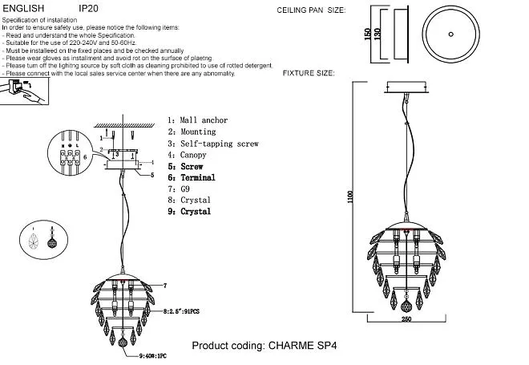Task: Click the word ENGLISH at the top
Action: coord(21,7)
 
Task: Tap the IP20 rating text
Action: coord(88,7)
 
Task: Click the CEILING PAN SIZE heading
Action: coord(311,12)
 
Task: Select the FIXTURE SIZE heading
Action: coord(309,73)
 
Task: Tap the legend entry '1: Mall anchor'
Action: coord(197,120)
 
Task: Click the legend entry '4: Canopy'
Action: coord(187,155)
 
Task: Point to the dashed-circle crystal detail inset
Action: coord(38,241)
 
